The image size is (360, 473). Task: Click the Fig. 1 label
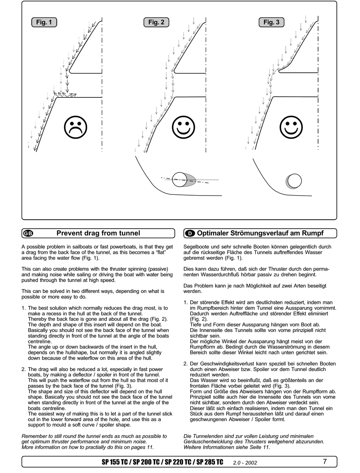pos(44,22)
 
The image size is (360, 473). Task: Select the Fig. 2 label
pos(156,22)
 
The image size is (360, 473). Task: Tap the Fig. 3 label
pos(271,22)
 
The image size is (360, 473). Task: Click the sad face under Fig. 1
pos(76,127)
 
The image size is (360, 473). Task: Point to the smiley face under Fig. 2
pos(183,127)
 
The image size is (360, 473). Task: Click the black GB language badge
pos(28,233)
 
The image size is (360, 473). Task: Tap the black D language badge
pos(191,233)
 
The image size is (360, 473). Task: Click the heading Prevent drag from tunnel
pos(98,233)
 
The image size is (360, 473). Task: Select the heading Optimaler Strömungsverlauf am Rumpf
pos(260,233)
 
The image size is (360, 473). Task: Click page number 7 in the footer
pos(325,462)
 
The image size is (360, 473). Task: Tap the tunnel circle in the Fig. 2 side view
pos(179,180)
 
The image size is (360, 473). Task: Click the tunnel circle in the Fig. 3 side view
pos(294,181)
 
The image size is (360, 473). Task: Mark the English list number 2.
pos(23,369)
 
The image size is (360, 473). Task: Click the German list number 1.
pos(186,302)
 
